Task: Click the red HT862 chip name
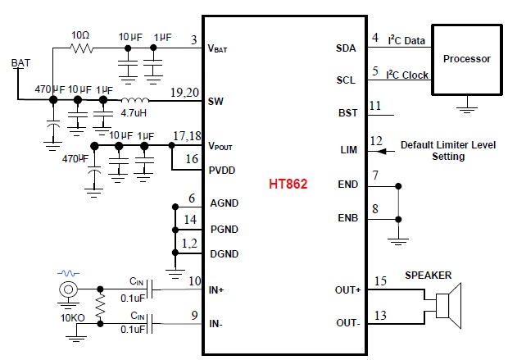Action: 288,185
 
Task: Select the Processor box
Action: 466,59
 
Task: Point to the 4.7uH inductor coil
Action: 134,101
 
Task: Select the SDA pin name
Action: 346,48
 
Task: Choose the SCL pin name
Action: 346,80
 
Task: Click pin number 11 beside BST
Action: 375,106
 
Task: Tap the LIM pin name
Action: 348,149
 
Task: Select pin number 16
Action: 192,160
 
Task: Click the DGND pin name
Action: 224,254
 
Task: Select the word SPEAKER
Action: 428,276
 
